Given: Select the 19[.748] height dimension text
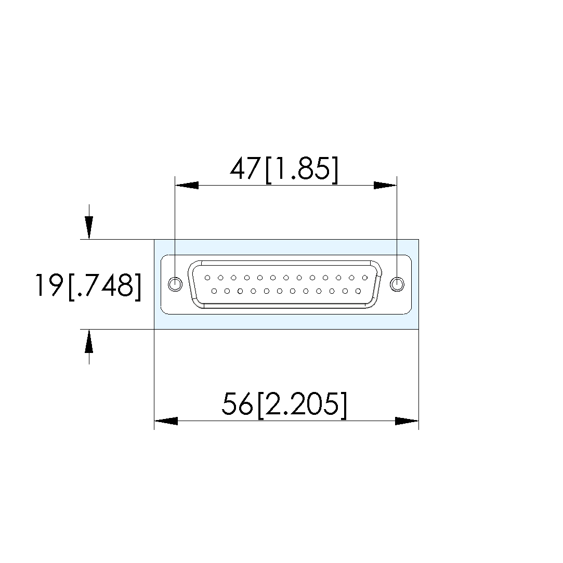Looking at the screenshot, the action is click(x=88, y=286).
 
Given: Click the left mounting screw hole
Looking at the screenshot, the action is click(x=175, y=284).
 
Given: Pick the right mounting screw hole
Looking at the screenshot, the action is click(x=397, y=284).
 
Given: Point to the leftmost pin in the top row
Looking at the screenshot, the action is click(x=207, y=278).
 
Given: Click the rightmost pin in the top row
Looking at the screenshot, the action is click(x=365, y=278).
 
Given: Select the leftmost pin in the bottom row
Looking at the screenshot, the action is click(x=214, y=291).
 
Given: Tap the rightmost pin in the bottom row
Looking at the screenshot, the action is click(x=358, y=291).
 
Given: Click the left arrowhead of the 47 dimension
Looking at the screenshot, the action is click(x=187, y=185).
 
